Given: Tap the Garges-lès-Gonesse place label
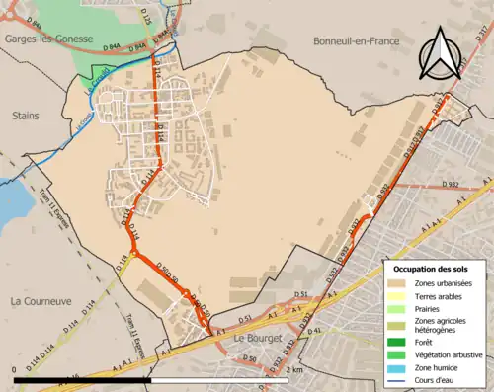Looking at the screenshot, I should (45, 39).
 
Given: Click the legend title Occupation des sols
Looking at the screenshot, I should (431, 269).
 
